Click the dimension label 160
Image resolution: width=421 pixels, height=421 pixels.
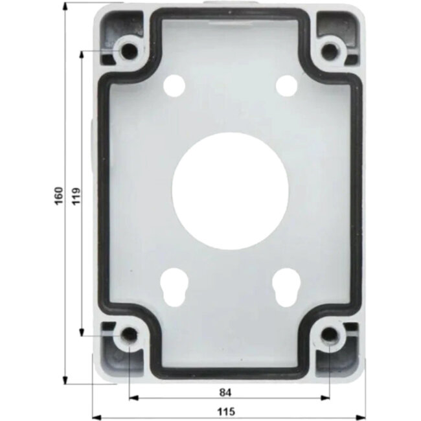(58, 194)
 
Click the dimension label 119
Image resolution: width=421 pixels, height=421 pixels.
(76, 194)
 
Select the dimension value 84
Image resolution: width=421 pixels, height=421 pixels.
(225, 392)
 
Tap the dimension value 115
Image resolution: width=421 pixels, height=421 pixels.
(225, 411)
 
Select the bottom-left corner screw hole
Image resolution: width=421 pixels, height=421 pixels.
(130, 335)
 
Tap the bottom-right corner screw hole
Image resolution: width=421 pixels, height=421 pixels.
(330, 335)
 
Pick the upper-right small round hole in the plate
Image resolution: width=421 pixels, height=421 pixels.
(285, 85)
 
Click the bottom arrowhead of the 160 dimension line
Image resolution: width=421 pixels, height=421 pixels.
(65, 380)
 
